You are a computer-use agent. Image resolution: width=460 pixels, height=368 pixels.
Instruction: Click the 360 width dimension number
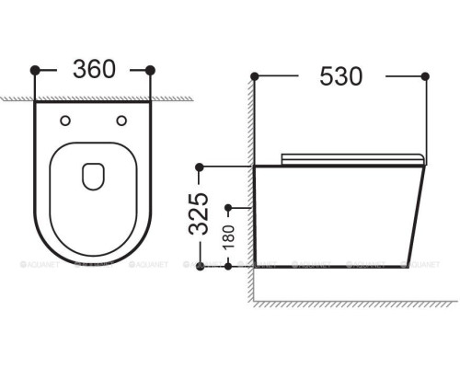coord(92,70)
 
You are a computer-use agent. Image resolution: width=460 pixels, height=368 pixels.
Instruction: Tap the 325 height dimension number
coord(211,215)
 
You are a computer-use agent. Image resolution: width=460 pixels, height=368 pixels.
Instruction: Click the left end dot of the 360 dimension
coord(35,70)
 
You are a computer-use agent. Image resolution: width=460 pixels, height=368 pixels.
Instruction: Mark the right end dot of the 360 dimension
coord(151,70)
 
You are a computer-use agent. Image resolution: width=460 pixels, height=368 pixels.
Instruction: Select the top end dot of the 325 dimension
coord(197,167)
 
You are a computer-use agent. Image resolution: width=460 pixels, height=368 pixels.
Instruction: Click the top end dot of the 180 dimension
coord(227,203)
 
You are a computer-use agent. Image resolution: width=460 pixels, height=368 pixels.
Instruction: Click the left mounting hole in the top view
coord(64,120)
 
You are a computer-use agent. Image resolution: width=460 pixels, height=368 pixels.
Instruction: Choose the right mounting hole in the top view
coord(121,120)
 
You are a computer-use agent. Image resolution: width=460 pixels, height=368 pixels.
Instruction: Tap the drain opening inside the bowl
coord(93,175)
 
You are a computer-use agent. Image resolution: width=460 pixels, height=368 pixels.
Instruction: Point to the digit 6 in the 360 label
coord(92,70)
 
